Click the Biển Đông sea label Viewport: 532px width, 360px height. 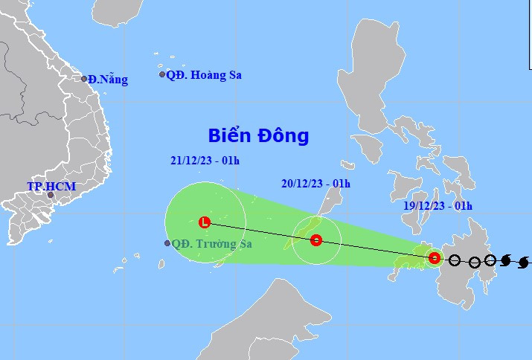pyautogui.click(x=258, y=136)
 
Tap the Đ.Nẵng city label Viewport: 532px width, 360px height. pyautogui.click(x=108, y=80)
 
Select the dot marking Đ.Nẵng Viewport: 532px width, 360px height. pyautogui.click(x=84, y=79)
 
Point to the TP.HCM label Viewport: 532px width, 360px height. pyautogui.click(x=51, y=186)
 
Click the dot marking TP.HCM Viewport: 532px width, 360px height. pyautogui.click(x=51, y=197)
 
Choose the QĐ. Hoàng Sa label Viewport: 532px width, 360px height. pyautogui.click(x=204, y=75)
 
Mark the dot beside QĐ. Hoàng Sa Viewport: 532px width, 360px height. pyautogui.click(x=162, y=74)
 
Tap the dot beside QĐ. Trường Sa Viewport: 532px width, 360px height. pyautogui.click(x=167, y=243)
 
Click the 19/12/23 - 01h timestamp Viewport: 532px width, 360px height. pyautogui.click(x=432, y=205)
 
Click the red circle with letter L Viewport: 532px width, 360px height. pyautogui.click(x=205, y=222)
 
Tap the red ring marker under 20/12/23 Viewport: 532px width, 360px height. pyautogui.click(x=316, y=240)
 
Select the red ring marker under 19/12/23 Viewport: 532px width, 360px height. pyautogui.click(x=435, y=259)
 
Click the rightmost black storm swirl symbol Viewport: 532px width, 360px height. pyautogui.click(x=524, y=262)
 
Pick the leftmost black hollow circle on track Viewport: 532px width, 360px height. pyautogui.click(x=455, y=261)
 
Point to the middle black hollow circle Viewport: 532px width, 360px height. pyautogui.click(x=474, y=262)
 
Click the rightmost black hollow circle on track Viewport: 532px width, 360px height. pyautogui.click(x=490, y=260)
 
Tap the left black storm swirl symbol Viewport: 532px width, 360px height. pyautogui.click(x=506, y=260)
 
